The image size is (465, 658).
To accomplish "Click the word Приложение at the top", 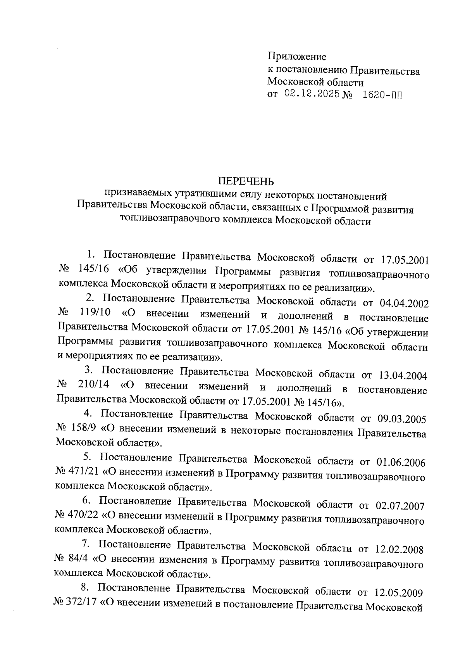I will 297,57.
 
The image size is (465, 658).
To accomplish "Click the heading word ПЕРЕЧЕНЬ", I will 246,181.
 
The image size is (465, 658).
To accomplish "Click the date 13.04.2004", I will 403,376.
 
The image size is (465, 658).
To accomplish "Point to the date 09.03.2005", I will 402,419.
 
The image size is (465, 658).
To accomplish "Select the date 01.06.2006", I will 401,463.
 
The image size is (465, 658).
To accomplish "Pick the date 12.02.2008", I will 400,550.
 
